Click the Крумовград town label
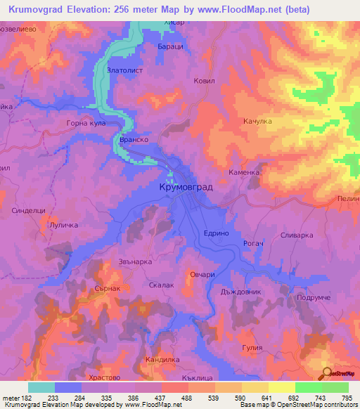pyautogui.click(x=181, y=188)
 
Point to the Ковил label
pyautogui.click(x=204, y=81)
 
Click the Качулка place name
pyautogui.click(x=257, y=122)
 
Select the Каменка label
pyautogui.click(x=245, y=172)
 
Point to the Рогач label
pyautogui.click(x=252, y=243)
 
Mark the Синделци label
pyautogui.click(x=29, y=210)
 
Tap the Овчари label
pyautogui.click(x=202, y=275)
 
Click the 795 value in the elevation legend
pyautogui.click(x=345, y=398)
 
